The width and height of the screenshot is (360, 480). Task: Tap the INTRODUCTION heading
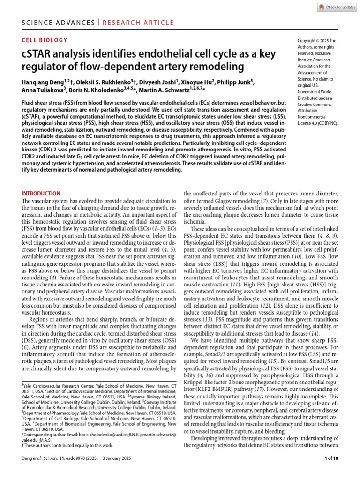click(x=41, y=193)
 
